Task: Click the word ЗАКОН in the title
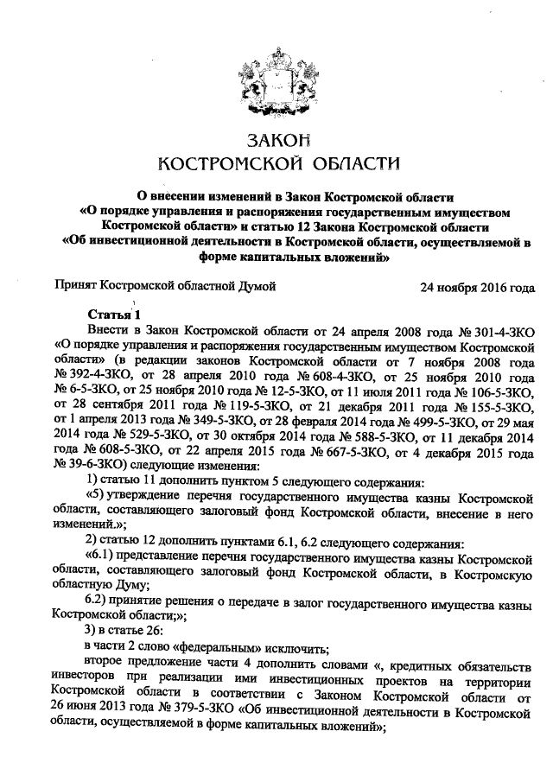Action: click(276, 141)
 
